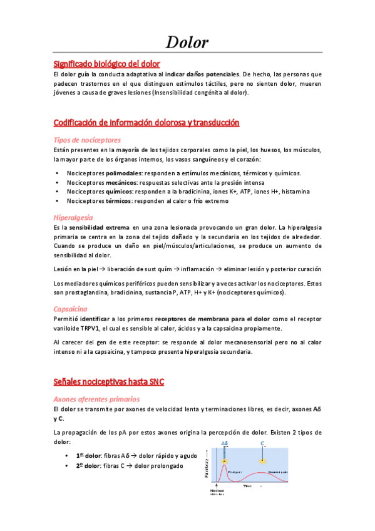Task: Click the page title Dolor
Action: click(187, 43)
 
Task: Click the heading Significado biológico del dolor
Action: click(106, 64)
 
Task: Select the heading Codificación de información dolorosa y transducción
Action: click(146, 123)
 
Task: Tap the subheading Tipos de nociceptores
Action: click(87, 140)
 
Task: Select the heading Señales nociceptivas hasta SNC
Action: click(109, 382)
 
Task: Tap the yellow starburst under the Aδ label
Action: click(223, 461)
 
